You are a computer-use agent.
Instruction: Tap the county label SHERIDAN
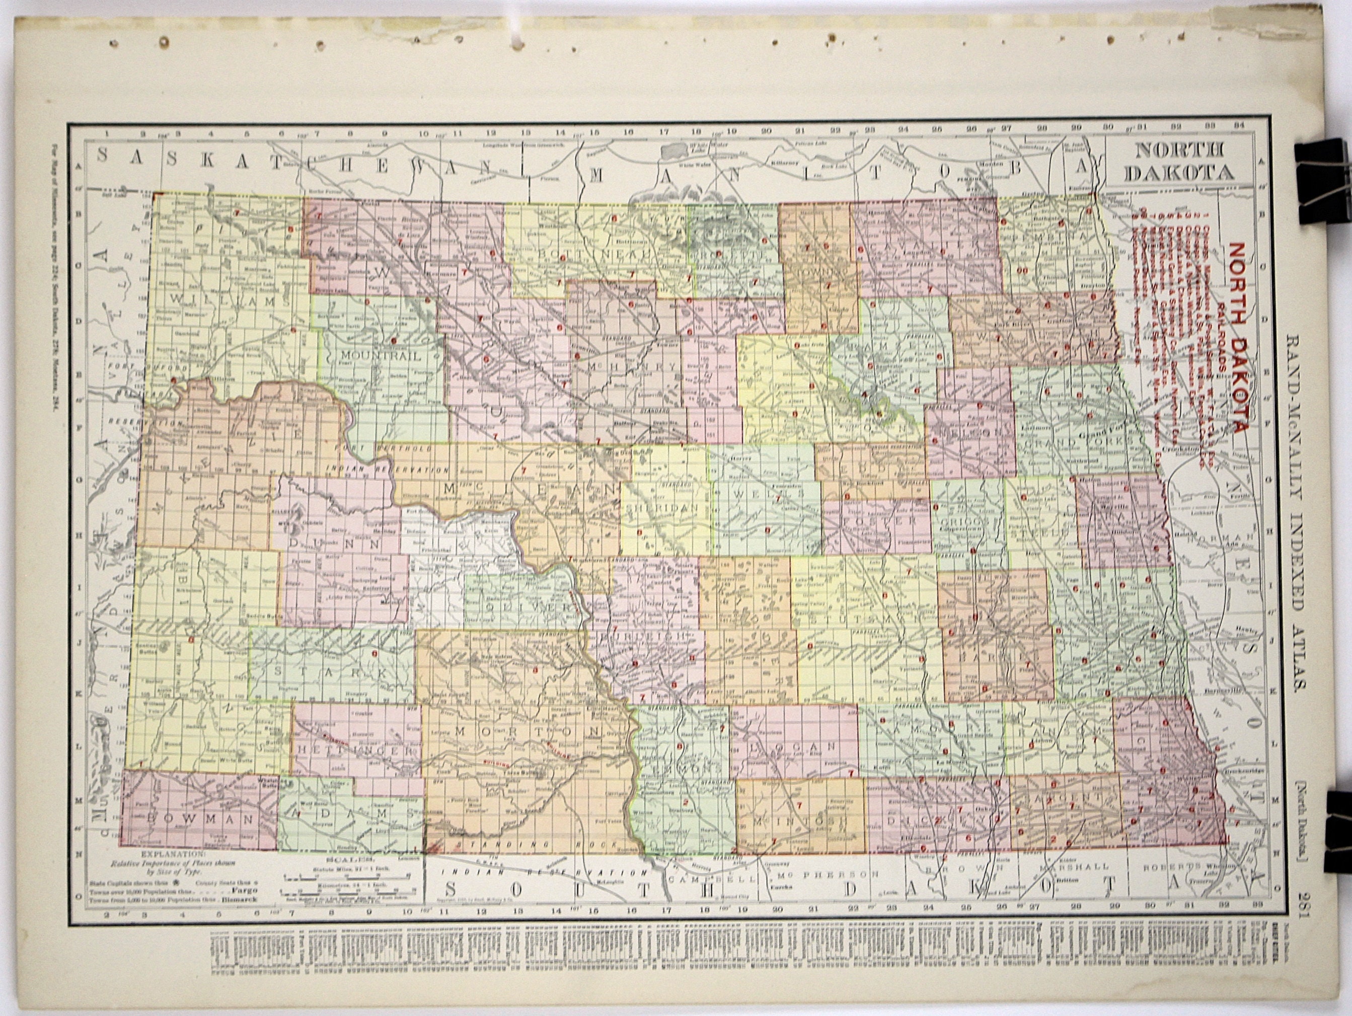tap(667, 508)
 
